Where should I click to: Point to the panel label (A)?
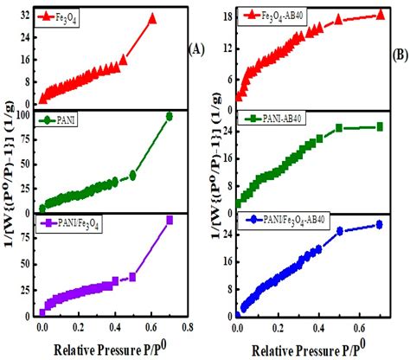[x=195, y=49]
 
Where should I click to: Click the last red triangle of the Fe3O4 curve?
[x=152, y=18]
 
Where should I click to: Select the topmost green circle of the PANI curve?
[x=170, y=116]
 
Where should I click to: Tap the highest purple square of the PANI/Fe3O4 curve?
[x=170, y=220]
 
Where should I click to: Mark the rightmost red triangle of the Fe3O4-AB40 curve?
[x=381, y=15]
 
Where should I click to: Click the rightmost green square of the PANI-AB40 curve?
[x=380, y=127]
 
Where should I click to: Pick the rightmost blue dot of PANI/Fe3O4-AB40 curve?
[x=380, y=225]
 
